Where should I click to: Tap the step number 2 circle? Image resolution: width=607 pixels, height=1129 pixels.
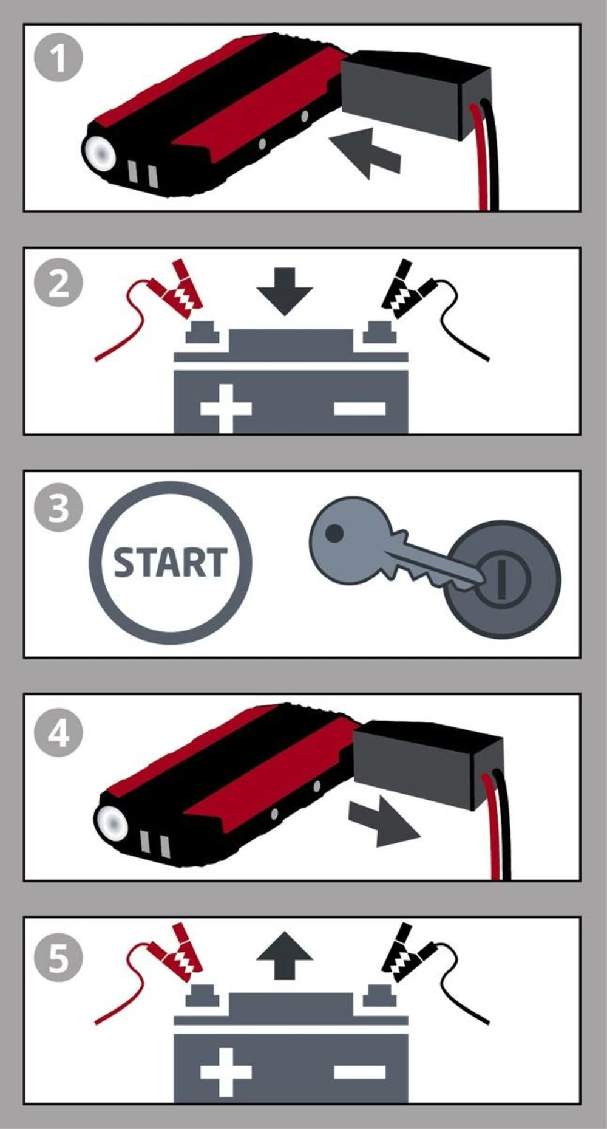click(58, 283)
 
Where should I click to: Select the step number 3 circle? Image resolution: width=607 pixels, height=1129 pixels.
click(58, 507)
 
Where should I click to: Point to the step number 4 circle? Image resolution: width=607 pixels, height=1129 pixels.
click(58, 733)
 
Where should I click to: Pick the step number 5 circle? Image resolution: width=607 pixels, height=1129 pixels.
click(58, 958)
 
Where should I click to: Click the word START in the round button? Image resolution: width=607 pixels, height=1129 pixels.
click(170, 563)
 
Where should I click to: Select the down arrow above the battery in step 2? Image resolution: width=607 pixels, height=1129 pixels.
click(284, 290)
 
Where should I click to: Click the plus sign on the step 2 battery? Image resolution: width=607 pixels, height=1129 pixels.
click(226, 408)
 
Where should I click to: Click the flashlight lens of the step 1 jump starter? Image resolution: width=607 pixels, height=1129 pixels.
click(101, 152)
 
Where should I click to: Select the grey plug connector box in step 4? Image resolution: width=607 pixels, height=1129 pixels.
click(425, 761)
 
